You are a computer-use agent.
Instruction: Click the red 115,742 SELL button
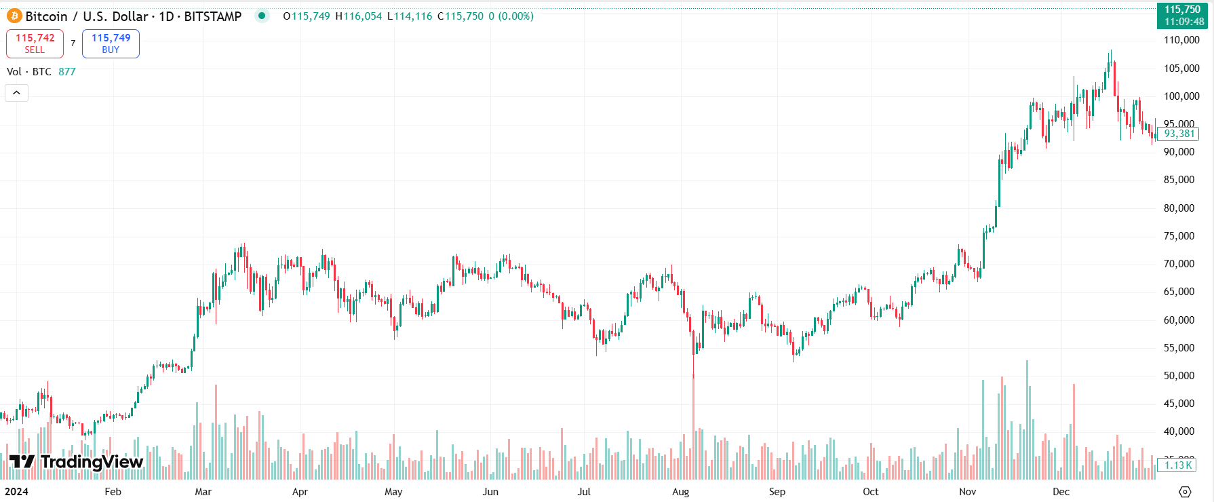tap(35, 43)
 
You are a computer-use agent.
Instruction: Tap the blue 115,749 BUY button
tap(111, 43)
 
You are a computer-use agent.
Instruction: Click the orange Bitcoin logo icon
tap(14, 16)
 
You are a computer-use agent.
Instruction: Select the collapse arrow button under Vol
tap(16, 93)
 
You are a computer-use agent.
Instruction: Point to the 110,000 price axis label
tap(1181, 40)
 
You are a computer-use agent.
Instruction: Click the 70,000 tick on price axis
tap(1179, 264)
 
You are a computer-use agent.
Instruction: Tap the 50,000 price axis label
tap(1179, 376)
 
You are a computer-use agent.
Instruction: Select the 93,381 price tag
tap(1179, 134)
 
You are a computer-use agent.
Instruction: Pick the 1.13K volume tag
tap(1177, 465)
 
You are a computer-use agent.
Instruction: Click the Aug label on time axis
tap(680, 492)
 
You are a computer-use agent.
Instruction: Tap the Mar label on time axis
tap(203, 492)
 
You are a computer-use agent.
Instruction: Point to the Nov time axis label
tap(968, 492)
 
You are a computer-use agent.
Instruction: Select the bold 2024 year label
tap(16, 492)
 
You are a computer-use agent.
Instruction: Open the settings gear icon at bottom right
tap(1185, 492)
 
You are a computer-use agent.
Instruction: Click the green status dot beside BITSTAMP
tap(262, 16)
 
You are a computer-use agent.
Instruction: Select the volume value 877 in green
tap(66, 72)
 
